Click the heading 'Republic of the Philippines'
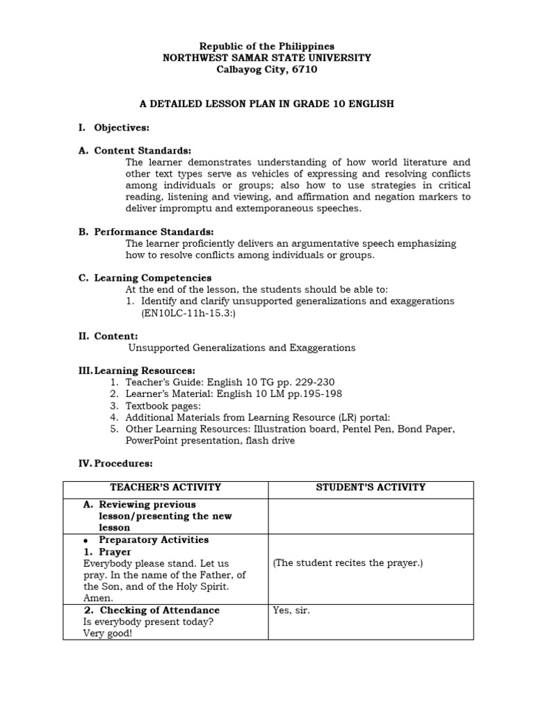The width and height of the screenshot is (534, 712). pyautogui.click(x=267, y=46)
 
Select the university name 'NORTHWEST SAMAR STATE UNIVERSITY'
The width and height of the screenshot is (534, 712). pyautogui.click(x=267, y=58)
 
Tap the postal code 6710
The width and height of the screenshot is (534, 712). pyautogui.click(x=305, y=70)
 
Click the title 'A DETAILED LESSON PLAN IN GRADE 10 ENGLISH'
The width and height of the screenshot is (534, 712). pyautogui.click(x=267, y=104)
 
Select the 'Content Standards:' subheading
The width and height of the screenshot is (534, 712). pyautogui.click(x=143, y=151)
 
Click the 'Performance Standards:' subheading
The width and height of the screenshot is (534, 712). pyautogui.click(x=154, y=232)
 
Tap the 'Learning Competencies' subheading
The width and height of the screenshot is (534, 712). pyautogui.click(x=153, y=278)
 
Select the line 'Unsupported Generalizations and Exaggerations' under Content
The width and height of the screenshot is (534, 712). pyautogui.click(x=242, y=348)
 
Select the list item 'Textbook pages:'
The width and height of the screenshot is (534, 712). pyautogui.click(x=163, y=405)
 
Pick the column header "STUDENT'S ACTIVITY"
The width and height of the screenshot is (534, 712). pyautogui.click(x=371, y=487)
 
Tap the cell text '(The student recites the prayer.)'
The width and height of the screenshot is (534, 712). pyautogui.click(x=348, y=563)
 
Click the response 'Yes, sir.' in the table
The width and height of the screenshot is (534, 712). pyautogui.click(x=291, y=610)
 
